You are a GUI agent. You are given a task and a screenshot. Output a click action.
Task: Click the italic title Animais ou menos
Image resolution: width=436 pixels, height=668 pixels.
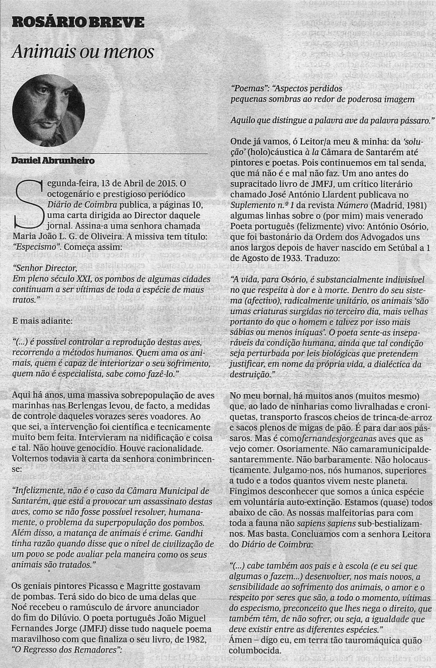tap(84, 52)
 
